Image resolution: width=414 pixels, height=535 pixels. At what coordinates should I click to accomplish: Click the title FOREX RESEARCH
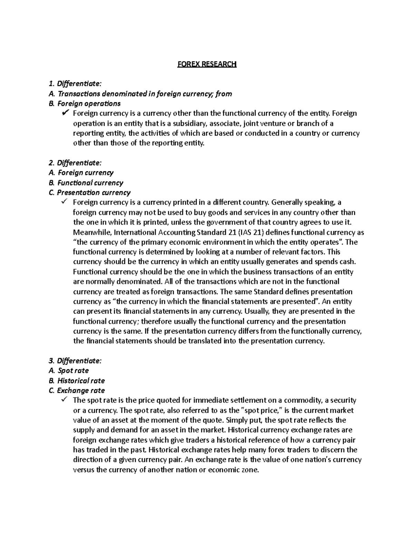(x=207, y=64)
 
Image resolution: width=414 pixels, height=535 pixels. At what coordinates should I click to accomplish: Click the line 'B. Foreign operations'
(x=85, y=103)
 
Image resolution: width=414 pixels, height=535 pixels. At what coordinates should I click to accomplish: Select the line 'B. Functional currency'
(x=86, y=183)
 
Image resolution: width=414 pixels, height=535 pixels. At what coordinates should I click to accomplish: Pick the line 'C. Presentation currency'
(x=90, y=193)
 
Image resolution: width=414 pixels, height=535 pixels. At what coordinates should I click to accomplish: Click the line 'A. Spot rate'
(x=69, y=371)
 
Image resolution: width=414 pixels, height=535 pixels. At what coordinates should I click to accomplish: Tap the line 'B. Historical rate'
(x=77, y=381)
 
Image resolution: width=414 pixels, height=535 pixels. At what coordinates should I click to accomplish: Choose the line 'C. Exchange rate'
(x=77, y=391)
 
